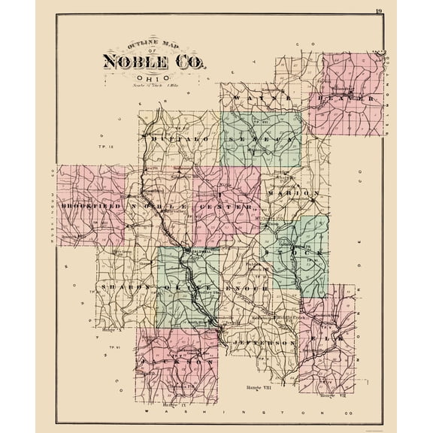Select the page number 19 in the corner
[x=378, y=10]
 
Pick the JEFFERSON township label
[x=263, y=342]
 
